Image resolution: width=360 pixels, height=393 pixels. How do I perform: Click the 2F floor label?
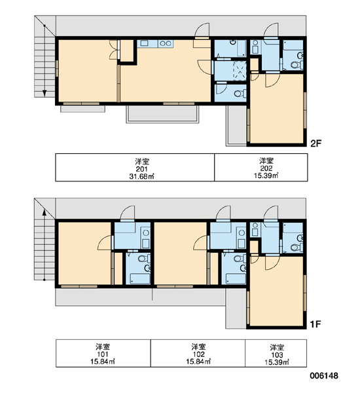315,143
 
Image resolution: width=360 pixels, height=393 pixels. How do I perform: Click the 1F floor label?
315,324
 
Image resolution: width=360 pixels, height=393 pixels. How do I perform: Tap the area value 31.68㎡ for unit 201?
141,176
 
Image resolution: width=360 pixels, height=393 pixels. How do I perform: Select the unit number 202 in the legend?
266,168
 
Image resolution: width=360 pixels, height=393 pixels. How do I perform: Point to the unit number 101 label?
103,354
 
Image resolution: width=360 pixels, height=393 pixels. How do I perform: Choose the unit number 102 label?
199,354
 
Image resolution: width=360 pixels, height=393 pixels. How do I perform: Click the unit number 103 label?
277,355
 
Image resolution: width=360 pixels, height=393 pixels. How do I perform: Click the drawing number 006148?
324,375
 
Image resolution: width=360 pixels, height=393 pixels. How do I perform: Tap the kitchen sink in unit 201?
145,43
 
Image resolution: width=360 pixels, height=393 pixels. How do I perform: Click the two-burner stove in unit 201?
166,43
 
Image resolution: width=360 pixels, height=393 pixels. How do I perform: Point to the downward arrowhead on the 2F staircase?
45,93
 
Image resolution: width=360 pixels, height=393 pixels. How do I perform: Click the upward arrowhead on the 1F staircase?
45,212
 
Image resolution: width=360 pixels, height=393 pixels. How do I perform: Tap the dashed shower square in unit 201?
240,71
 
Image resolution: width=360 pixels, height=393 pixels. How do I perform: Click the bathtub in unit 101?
140,279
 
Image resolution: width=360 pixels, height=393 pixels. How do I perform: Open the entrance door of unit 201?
202,30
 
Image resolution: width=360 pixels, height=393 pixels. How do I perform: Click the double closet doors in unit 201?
113,49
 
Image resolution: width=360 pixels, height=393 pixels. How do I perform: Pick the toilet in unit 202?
297,65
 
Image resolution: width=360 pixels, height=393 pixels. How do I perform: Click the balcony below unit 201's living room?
162,114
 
